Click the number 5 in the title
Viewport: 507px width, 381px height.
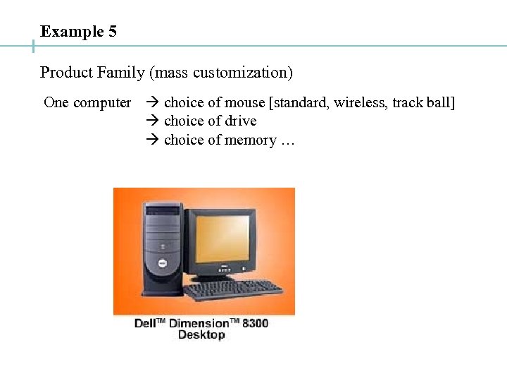113,32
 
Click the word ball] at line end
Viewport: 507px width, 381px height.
440,103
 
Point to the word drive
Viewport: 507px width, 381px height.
241,121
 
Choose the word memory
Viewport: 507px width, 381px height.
251,140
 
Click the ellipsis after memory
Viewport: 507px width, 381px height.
287,140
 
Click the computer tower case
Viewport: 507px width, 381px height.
163,247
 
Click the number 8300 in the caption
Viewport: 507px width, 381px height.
255,323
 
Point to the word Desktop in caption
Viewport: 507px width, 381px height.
201,334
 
